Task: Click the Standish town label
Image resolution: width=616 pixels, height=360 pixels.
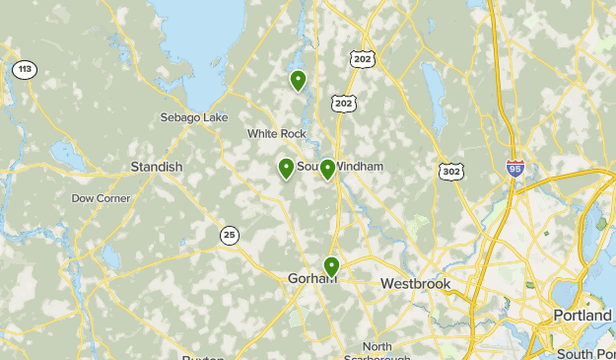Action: tap(157, 167)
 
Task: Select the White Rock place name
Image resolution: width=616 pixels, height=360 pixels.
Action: tap(276, 134)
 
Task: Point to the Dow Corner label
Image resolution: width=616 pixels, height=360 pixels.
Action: tap(101, 198)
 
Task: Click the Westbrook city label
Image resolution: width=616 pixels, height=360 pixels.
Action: tap(415, 284)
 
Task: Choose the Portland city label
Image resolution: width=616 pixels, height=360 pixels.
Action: tap(582, 315)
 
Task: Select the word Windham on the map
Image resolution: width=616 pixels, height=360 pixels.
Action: tap(360, 167)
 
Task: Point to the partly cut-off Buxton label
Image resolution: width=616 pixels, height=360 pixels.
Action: tap(203, 357)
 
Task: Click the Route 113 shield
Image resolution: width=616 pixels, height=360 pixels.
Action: tap(25, 70)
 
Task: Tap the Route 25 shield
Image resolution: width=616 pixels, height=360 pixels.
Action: tap(230, 234)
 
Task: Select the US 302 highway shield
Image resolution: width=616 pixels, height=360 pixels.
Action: tap(451, 172)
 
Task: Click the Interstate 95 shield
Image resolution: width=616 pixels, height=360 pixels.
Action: tap(515, 169)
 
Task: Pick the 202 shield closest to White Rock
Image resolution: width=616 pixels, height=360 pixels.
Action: tap(344, 104)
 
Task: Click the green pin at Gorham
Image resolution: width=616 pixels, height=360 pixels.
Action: tap(331, 266)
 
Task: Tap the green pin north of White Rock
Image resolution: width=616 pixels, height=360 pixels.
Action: tap(297, 80)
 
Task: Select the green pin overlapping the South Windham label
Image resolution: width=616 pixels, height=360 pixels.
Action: tap(327, 170)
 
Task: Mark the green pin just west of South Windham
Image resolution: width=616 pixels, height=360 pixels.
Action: tap(286, 168)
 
